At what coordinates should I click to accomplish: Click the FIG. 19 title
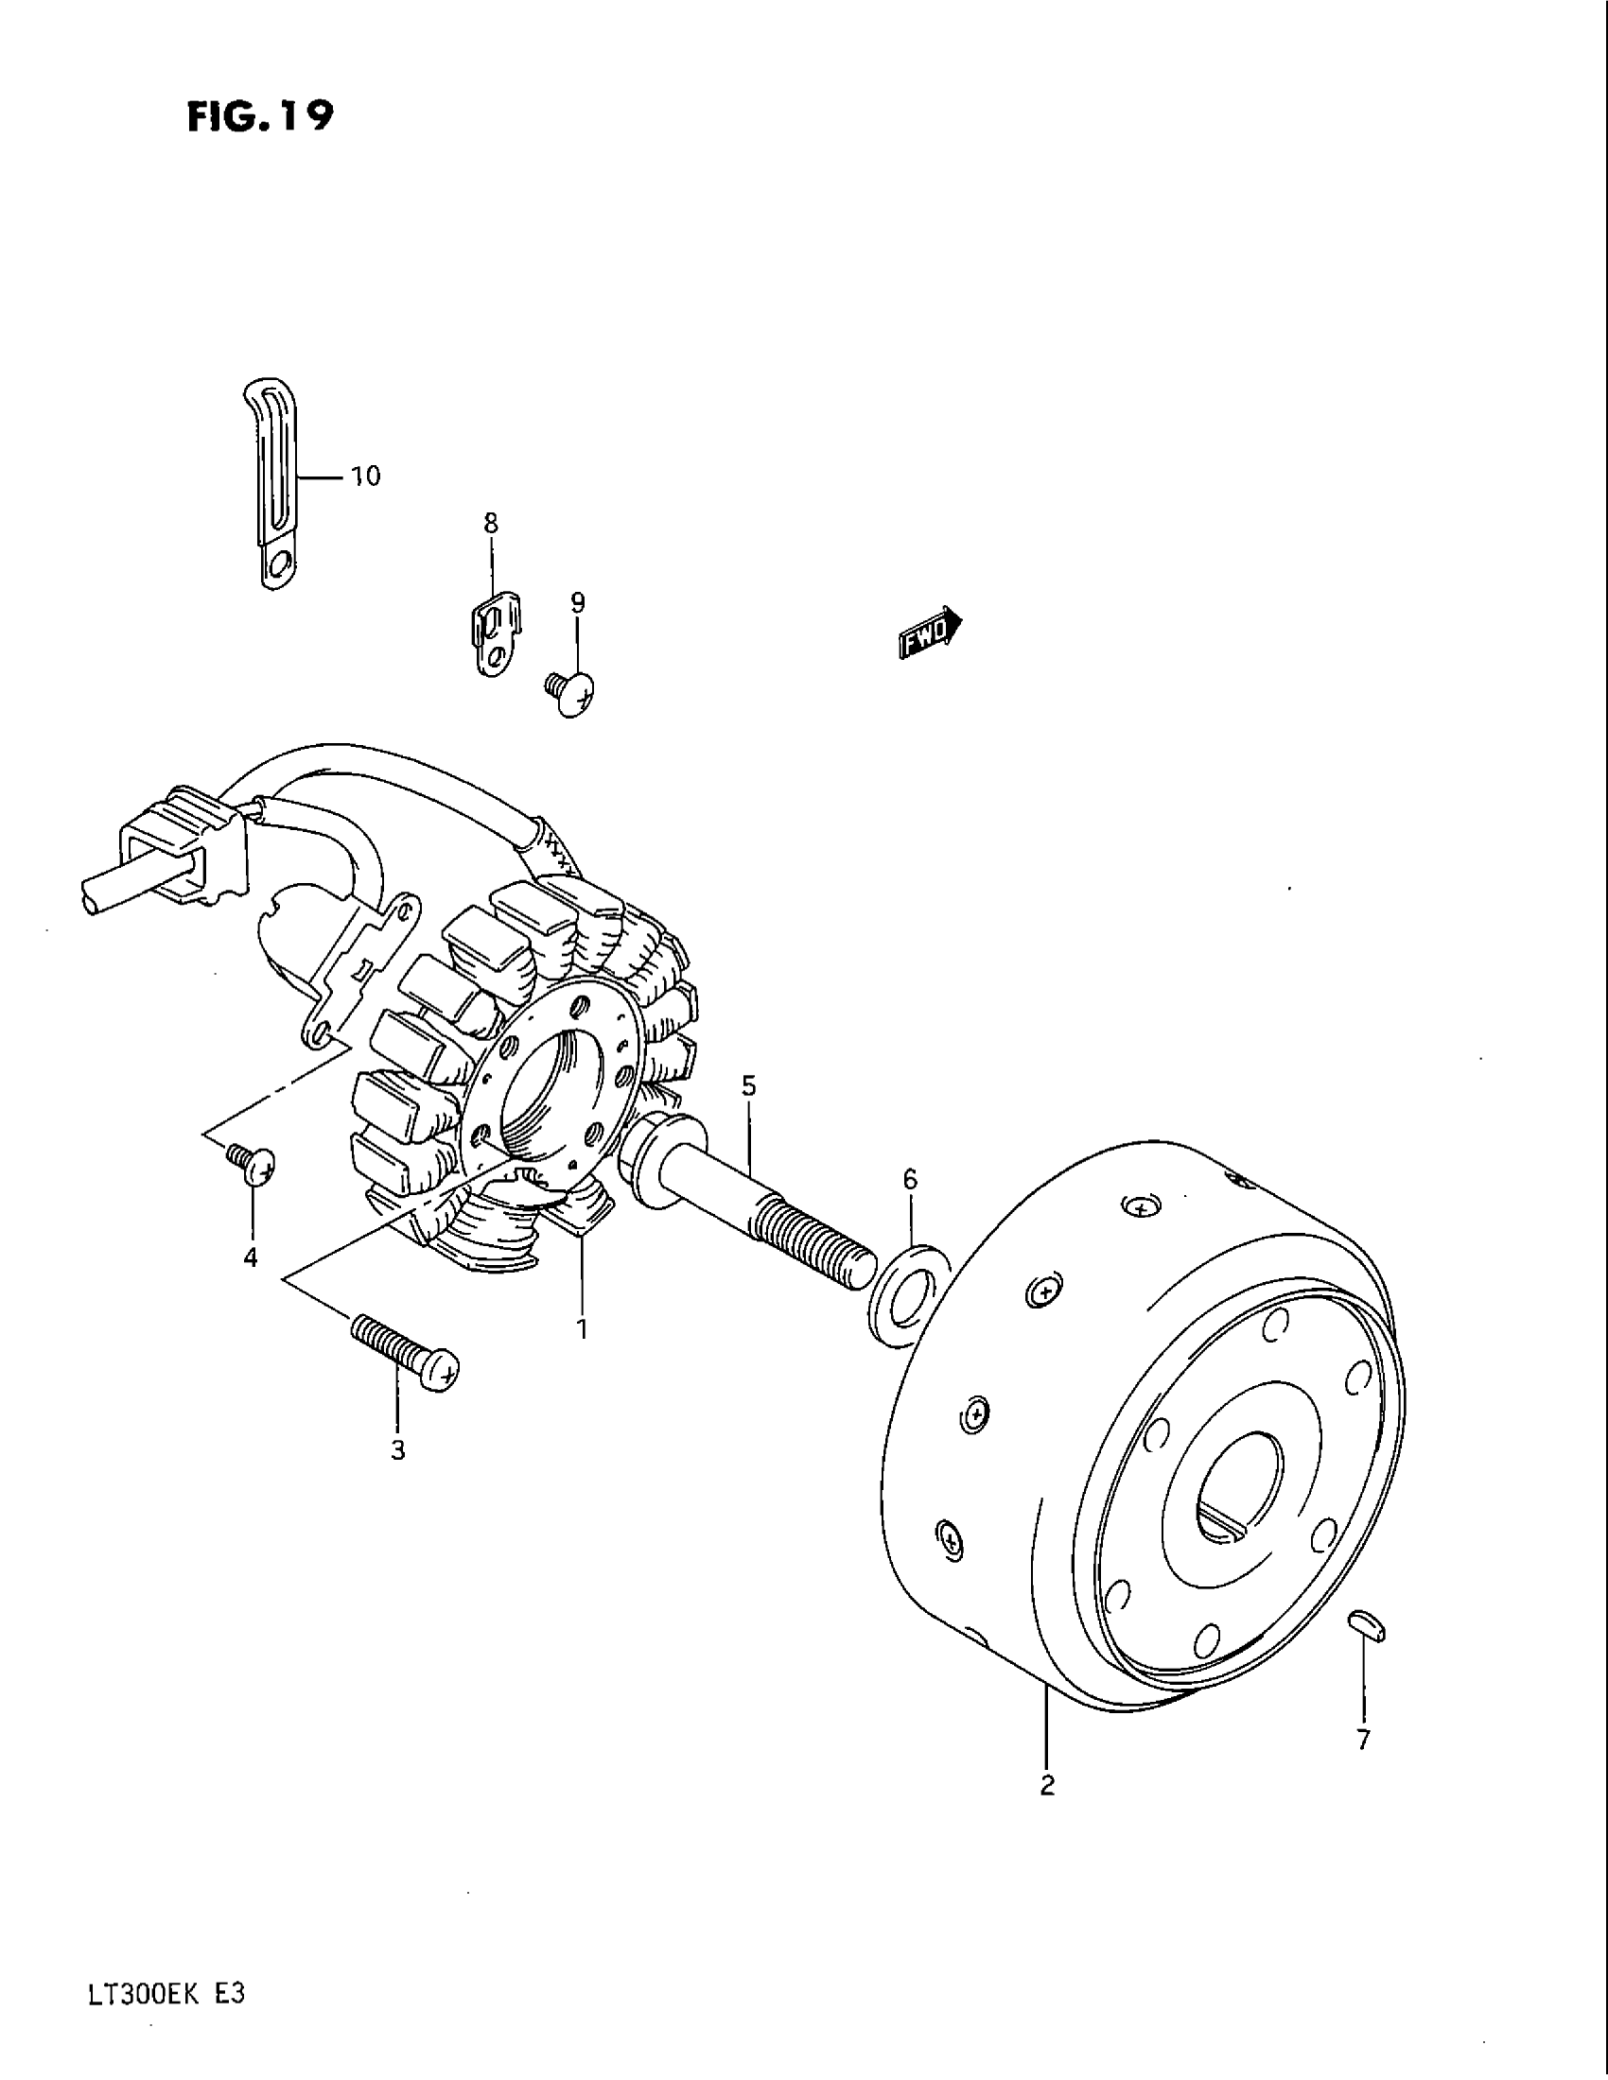point(260,116)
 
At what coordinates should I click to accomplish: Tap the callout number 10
point(366,477)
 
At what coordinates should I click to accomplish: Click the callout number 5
point(749,1085)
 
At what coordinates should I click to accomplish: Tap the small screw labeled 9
point(569,691)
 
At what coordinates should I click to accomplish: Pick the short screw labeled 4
point(253,1163)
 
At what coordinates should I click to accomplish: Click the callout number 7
point(1363,1740)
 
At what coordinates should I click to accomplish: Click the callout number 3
point(398,1450)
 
